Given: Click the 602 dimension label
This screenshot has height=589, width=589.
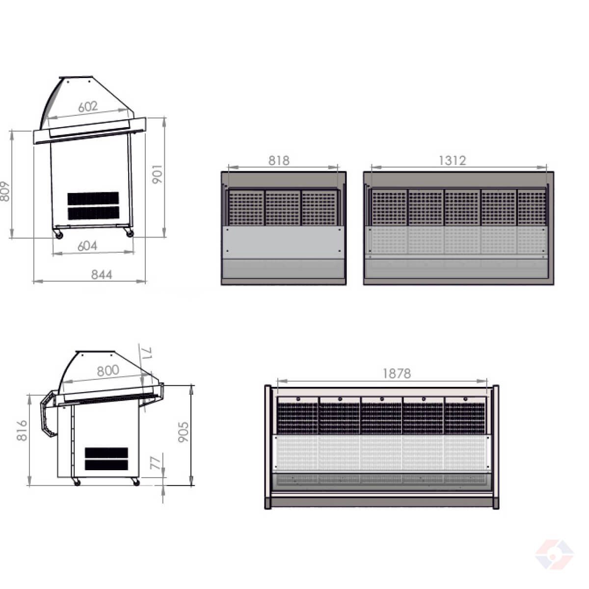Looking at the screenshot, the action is (88, 107).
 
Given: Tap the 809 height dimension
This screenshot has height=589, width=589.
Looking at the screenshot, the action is (4, 191).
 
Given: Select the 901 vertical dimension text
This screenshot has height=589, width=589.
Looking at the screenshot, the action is (158, 174).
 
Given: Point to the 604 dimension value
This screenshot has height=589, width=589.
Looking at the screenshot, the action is (87, 246).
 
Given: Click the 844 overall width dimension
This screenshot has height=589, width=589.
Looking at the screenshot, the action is (102, 275).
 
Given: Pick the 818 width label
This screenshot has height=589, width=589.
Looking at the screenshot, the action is (279, 161).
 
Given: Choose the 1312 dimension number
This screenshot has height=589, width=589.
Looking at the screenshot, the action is (453, 161).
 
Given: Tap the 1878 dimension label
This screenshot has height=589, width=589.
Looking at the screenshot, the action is (397, 374).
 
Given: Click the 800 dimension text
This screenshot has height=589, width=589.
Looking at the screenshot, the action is (108, 371).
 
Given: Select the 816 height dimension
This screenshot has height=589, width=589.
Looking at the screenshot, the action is (22, 430).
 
